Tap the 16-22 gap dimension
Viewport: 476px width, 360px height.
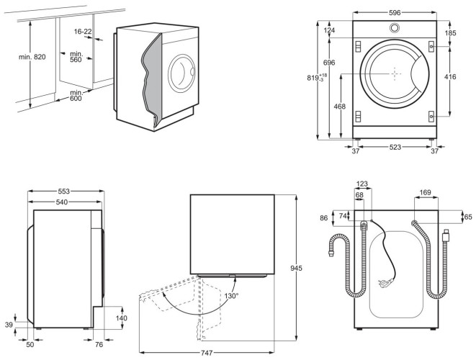pyautogui.click(x=82, y=32)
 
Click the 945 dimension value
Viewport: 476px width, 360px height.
pyautogui.click(x=306, y=268)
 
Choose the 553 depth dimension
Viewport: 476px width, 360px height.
pyautogui.click(x=65, y=192)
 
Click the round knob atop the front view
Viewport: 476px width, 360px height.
pyautogui.click(x=395, y=29)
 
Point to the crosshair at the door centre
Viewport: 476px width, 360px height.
pyautogui.click(x=394, y=73)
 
